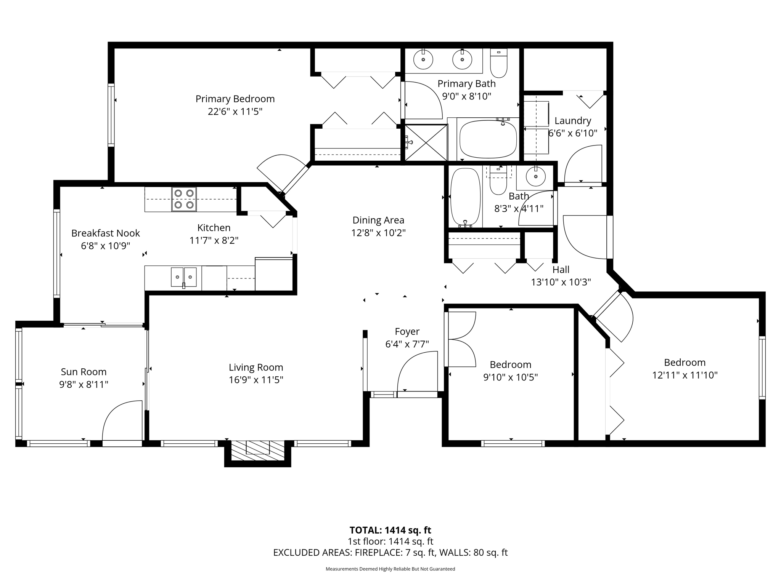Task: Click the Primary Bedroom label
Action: click(x=235, y=99)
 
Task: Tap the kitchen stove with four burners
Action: click(x=184, y=199)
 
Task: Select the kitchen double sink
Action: click(x=183, y=277)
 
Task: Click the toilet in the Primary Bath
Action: click(x=498, y=64)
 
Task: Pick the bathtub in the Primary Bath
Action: click(x=488, y=139)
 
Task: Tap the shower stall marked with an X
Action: click(x=426, y=142)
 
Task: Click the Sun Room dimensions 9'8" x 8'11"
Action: click(x=84, y=384)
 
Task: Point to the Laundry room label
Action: click(x=572, y=121)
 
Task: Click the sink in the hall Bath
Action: click(x=535, y=177)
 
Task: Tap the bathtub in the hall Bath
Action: click(x=465, y=197)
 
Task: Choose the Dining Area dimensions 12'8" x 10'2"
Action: click(x=378, y=233)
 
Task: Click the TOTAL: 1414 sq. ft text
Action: click(x=390, y=530)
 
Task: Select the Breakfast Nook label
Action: click(x=106, y=233)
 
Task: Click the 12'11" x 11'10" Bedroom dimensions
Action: click(x=685, y=375)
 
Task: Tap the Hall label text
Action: click(x=561, y=270)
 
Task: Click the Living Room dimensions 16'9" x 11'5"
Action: click(x=256, y=380)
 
